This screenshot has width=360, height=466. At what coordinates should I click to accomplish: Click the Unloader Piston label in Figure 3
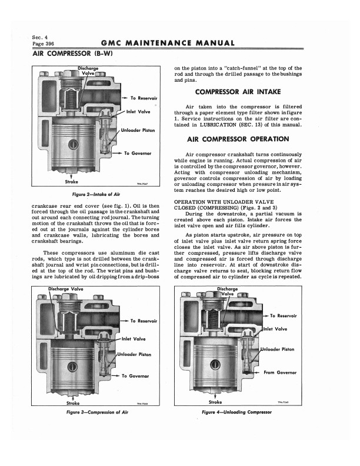pyautogui.click(x=135, y=355)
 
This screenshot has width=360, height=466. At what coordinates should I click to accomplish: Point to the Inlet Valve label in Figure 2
pyautogui.click(x=139, y=111)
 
